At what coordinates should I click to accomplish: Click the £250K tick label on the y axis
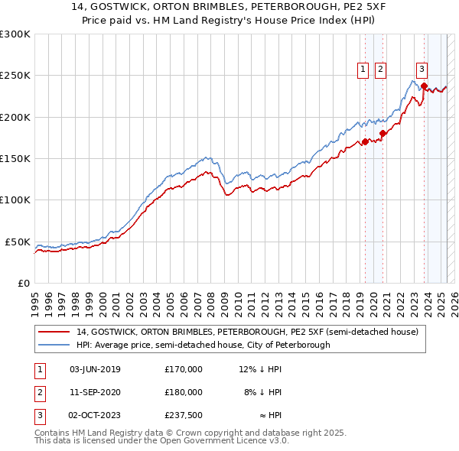tap(15, 76)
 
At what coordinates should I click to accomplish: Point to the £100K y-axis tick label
tap(15, 200)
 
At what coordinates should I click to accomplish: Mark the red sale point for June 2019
tap(366, 141)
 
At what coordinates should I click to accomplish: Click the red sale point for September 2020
tap(383, 134)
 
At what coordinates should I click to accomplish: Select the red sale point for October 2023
tap(424, 86)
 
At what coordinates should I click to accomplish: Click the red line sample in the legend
tap(54, 333)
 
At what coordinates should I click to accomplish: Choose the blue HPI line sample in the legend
tap(54, 345)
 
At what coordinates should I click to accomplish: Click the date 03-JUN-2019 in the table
tap(95, 369)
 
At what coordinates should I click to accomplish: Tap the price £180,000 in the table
tap(184, 392)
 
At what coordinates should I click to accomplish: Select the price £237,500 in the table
tap(184, 415)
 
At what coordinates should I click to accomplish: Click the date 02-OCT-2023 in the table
tap(95, 415)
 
